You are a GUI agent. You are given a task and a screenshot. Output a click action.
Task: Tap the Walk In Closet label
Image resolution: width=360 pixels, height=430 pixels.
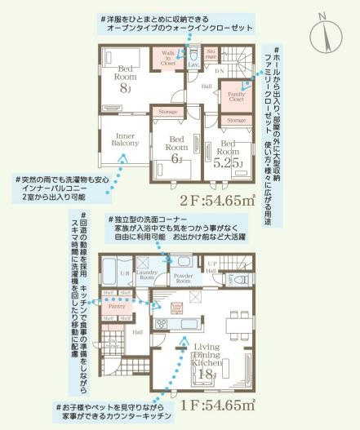(167, 57)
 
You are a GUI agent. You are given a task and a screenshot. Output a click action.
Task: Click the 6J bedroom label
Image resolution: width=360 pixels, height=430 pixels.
(176, 147)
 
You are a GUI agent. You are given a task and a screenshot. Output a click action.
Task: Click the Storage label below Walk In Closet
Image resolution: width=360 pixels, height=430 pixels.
(167, 111)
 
